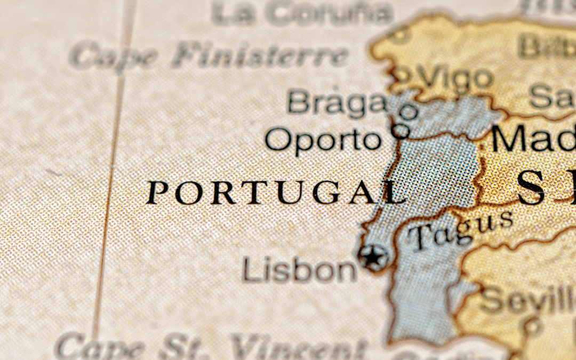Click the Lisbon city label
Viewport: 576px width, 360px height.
click(x=299, y=269)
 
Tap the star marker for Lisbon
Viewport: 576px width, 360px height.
click(x=373, y=258)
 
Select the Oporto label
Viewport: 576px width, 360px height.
click(x=323, y=140)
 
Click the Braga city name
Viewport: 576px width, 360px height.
click(x=336, y=102)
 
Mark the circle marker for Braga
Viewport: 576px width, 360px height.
click(x=409, y=112)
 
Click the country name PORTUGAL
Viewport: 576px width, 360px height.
click(x=275, y=193)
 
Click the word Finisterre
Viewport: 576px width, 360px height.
click(x=259, y=55)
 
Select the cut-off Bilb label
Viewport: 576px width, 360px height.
click(x=547, y=45)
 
